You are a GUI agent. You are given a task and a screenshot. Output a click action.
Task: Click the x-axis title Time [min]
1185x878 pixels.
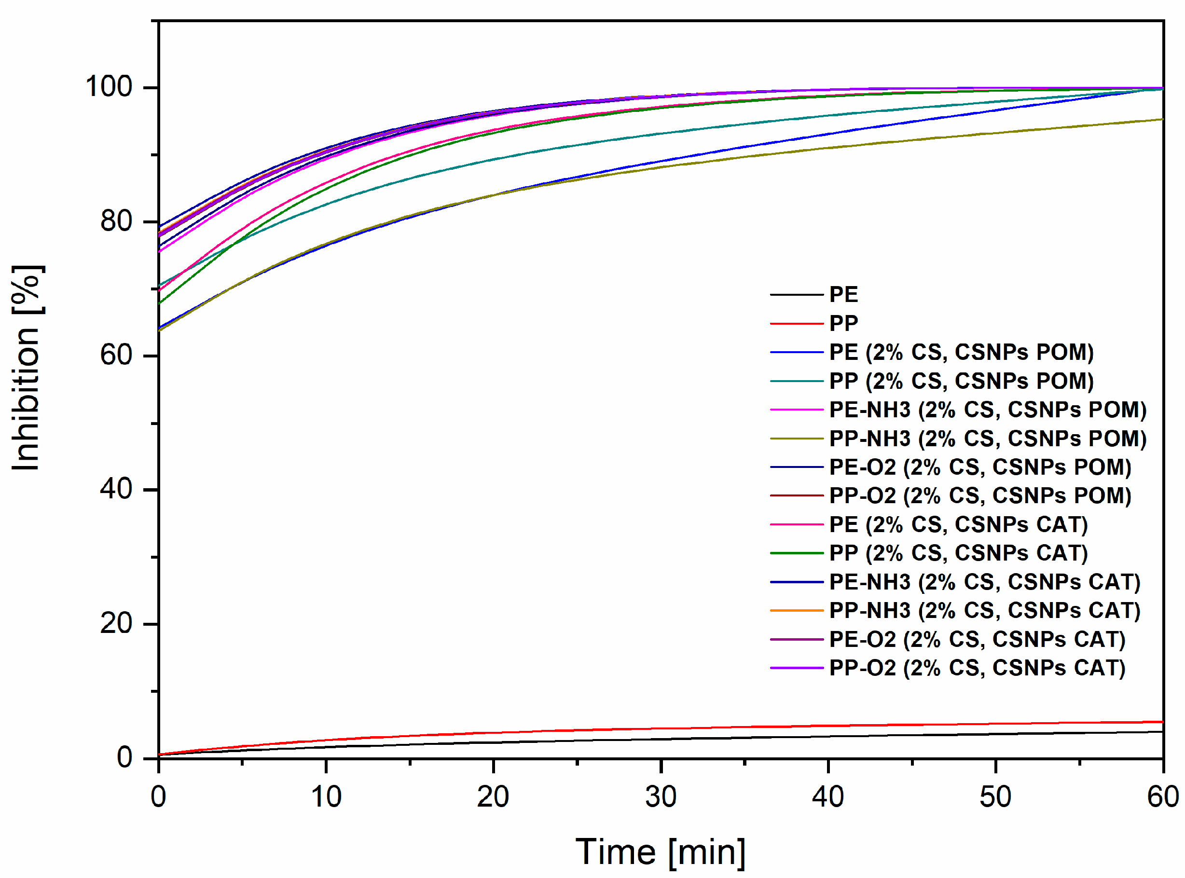tap(661, 852)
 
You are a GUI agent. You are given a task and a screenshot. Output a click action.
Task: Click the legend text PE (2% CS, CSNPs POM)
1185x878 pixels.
tap(961, 352)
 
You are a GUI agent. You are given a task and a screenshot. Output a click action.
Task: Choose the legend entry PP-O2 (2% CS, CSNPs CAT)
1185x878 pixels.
tap(977, 668)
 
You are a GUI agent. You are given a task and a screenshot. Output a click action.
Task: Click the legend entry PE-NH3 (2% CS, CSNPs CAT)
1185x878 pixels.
tap(985, 582)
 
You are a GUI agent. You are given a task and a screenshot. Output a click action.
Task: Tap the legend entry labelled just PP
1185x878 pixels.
tap(844, 323)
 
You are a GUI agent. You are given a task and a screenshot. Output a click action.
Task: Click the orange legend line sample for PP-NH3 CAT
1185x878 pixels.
tap(797, 611)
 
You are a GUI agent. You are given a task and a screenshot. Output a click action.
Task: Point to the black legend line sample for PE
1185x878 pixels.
tap(797, 294)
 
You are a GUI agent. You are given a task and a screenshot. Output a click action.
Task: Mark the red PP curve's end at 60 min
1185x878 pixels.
tap(1162, 722)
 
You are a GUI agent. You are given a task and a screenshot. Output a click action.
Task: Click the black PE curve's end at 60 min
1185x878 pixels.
tap(1162, 732)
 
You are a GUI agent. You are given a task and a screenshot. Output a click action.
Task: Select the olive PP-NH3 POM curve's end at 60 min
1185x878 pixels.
tap(1162, 119)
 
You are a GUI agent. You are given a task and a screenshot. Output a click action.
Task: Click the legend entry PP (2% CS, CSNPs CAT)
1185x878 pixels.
tap(958, 553)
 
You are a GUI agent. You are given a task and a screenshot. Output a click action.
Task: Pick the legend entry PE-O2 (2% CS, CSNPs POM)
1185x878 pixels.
tap(980, 467)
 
